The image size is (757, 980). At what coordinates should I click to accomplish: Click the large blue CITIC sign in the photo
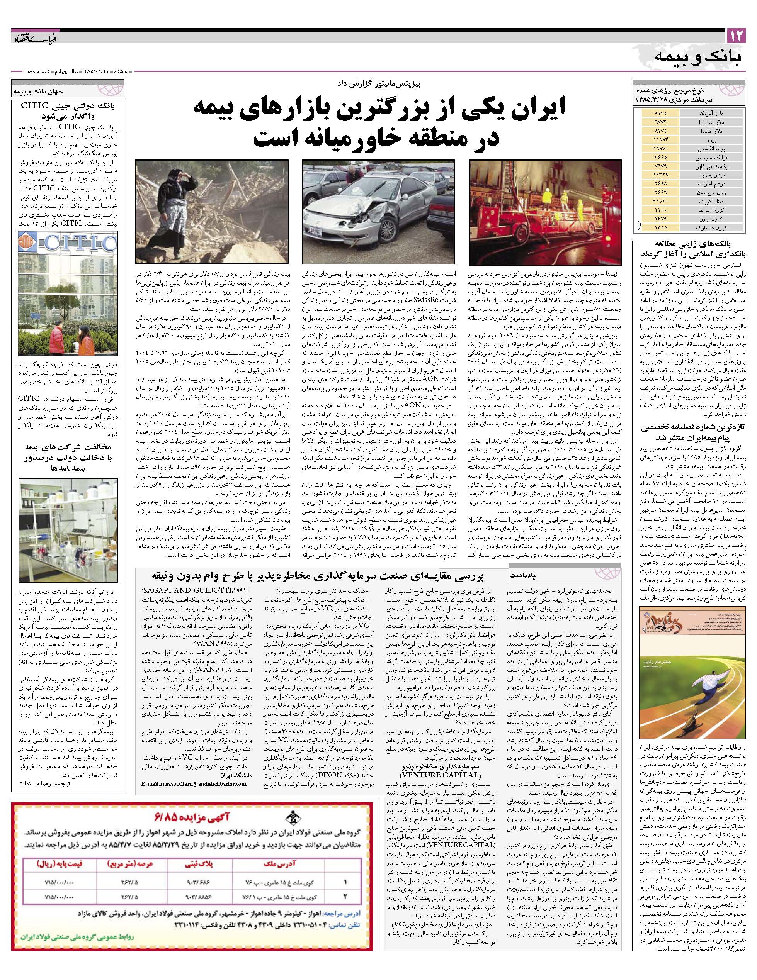(67, 244)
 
